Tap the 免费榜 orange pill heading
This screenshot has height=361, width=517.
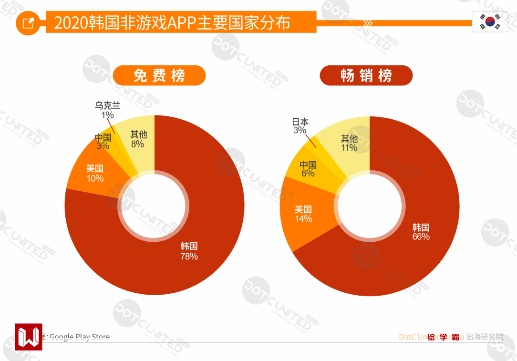click(x=159, y=75)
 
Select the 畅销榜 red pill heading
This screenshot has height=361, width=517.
click(x=366, y=75)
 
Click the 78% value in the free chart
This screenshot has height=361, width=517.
click(x=189, y=257)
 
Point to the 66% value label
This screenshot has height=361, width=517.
click(x=421, y=237)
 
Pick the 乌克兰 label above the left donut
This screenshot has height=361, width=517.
click(x=107, y=106)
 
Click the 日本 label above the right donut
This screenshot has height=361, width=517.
click(x=300, y=122)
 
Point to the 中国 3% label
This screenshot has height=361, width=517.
click(x=103, y=142)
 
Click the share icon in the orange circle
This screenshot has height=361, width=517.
click(x=29, y=23)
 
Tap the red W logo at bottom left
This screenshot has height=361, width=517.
click(x=28, y=337)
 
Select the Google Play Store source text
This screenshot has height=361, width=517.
click(x=79, y=337)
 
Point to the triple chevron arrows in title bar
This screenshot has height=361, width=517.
click(x=368, y=23)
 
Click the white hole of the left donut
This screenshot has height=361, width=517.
click(x=154, y=206)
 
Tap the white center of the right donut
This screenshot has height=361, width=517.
click(x=369, y=206)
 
